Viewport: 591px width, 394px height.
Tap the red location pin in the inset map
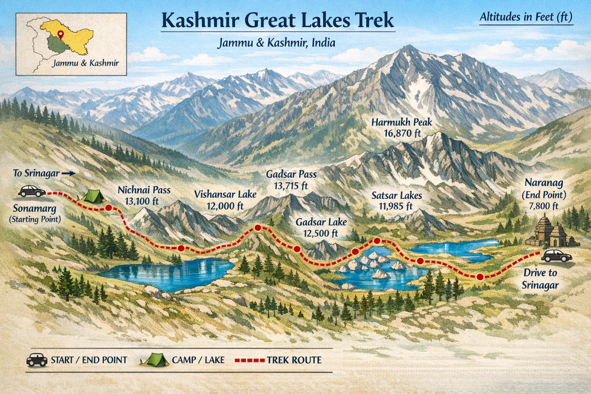click(60, 34)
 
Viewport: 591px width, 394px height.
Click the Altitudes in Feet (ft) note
click(526, 17)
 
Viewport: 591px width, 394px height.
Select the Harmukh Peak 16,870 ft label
click(402, 128)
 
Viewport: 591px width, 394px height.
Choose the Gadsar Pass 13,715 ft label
click(291, 180)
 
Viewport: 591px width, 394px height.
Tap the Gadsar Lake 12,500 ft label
click(321, 227)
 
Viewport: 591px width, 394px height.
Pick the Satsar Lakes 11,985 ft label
click(396, 200)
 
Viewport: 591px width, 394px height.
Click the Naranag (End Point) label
click(544, 194)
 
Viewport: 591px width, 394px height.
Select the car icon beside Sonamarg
click(32, 191)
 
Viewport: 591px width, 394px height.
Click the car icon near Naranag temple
click(556, 255)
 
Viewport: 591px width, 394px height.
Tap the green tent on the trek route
click(93, 196)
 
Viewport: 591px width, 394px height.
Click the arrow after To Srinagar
click(68, 174)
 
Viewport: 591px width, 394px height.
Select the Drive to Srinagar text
click(540, 279)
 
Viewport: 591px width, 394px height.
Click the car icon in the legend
click(37, 360)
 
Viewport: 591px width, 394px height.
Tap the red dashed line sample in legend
click(250, 361)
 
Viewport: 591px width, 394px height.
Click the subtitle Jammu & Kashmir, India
click(276, 43)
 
